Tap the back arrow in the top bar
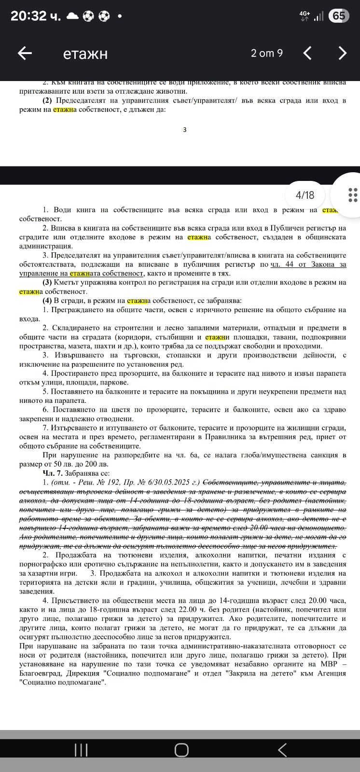(x=25, y=53)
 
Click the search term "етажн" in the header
(x=85, y=54)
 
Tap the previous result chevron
(x=307, y=53)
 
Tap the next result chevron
(x=342, y=53)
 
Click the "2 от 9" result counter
(x=266, y=53)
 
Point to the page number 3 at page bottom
(x=184, y=129)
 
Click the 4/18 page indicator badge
(x=305, y=195)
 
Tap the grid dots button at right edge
(x=353, y=194)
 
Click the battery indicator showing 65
(x=338, y=16)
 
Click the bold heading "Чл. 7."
(x=53, y=473)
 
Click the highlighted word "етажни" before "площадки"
(x=218, y=337)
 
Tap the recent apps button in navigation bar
(x=81, y=750)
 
